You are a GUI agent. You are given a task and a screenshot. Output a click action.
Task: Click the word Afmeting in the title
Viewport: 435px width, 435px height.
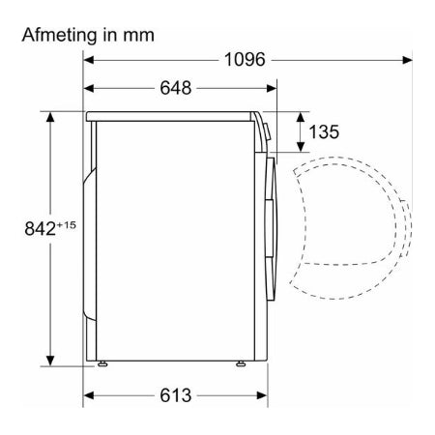coord(59,35)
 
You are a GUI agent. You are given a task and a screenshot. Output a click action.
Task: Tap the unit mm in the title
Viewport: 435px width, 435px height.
coord(138,36)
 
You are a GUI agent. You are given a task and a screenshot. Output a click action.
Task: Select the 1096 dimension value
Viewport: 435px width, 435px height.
coord(245,60)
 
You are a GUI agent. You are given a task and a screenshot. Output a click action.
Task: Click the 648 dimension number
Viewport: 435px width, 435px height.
coord(176,88)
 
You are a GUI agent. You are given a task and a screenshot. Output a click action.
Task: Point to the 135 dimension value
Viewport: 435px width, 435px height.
coord(324,131)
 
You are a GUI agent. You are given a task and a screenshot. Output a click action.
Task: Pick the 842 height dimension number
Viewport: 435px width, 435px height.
coord(41,228)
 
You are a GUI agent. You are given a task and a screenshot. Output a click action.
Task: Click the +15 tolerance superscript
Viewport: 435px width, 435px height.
coord(67,224)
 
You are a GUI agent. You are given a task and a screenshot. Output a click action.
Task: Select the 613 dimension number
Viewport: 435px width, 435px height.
coord(176,395)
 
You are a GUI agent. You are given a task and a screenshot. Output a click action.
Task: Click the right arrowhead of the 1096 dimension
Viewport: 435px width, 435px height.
coord(407,60)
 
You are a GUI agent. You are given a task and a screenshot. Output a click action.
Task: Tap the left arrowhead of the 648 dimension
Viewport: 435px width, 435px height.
coord(89,88)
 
